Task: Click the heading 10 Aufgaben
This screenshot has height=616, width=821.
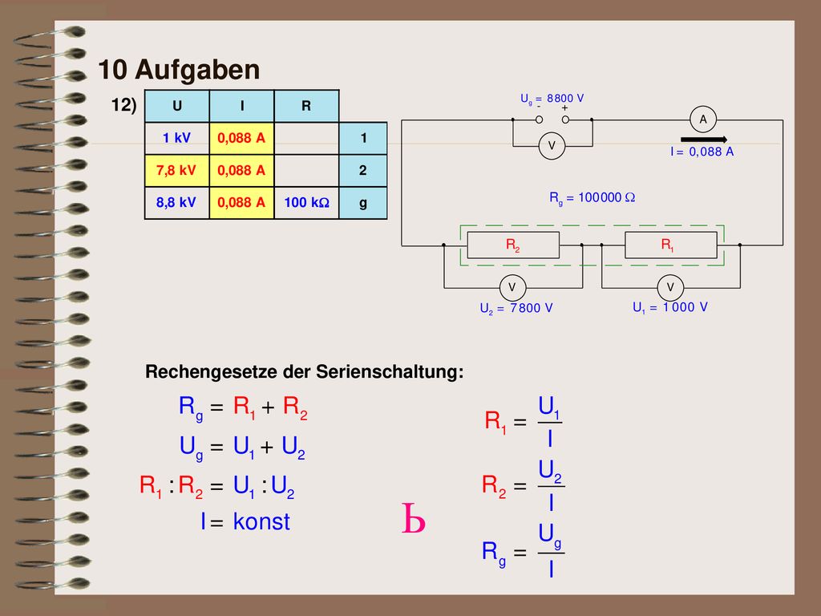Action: click(179, 70)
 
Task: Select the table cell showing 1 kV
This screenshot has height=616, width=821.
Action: click(177, 138)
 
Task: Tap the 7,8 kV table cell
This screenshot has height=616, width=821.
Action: click(177, 171)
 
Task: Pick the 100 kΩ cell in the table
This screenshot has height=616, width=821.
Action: click(307, 203)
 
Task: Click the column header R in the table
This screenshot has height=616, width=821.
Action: click(307, 106)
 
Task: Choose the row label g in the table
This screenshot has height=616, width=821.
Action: click(363, 203)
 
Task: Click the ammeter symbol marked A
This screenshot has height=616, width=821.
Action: click(703, 120)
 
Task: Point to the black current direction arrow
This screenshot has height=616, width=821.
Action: click(704, 140)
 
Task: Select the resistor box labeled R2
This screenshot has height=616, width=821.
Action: click(513, 245)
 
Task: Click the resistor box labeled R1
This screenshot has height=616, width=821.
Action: click(671, 245)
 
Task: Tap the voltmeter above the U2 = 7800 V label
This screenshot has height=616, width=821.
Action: click(512, 288)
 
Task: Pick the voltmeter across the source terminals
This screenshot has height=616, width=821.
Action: click(552, 146)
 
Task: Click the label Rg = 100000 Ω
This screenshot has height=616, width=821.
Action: click(592, 198)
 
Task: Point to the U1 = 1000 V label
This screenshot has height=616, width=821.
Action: click(670, 307)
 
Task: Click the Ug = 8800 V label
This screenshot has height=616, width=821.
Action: click(552, 99)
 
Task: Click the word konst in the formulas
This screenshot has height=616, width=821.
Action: click(261, 521)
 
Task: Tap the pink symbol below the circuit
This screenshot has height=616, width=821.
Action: click(413, 519)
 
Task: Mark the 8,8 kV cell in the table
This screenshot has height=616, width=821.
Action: click(177, 203)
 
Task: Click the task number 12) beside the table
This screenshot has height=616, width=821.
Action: click(123, 105)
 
